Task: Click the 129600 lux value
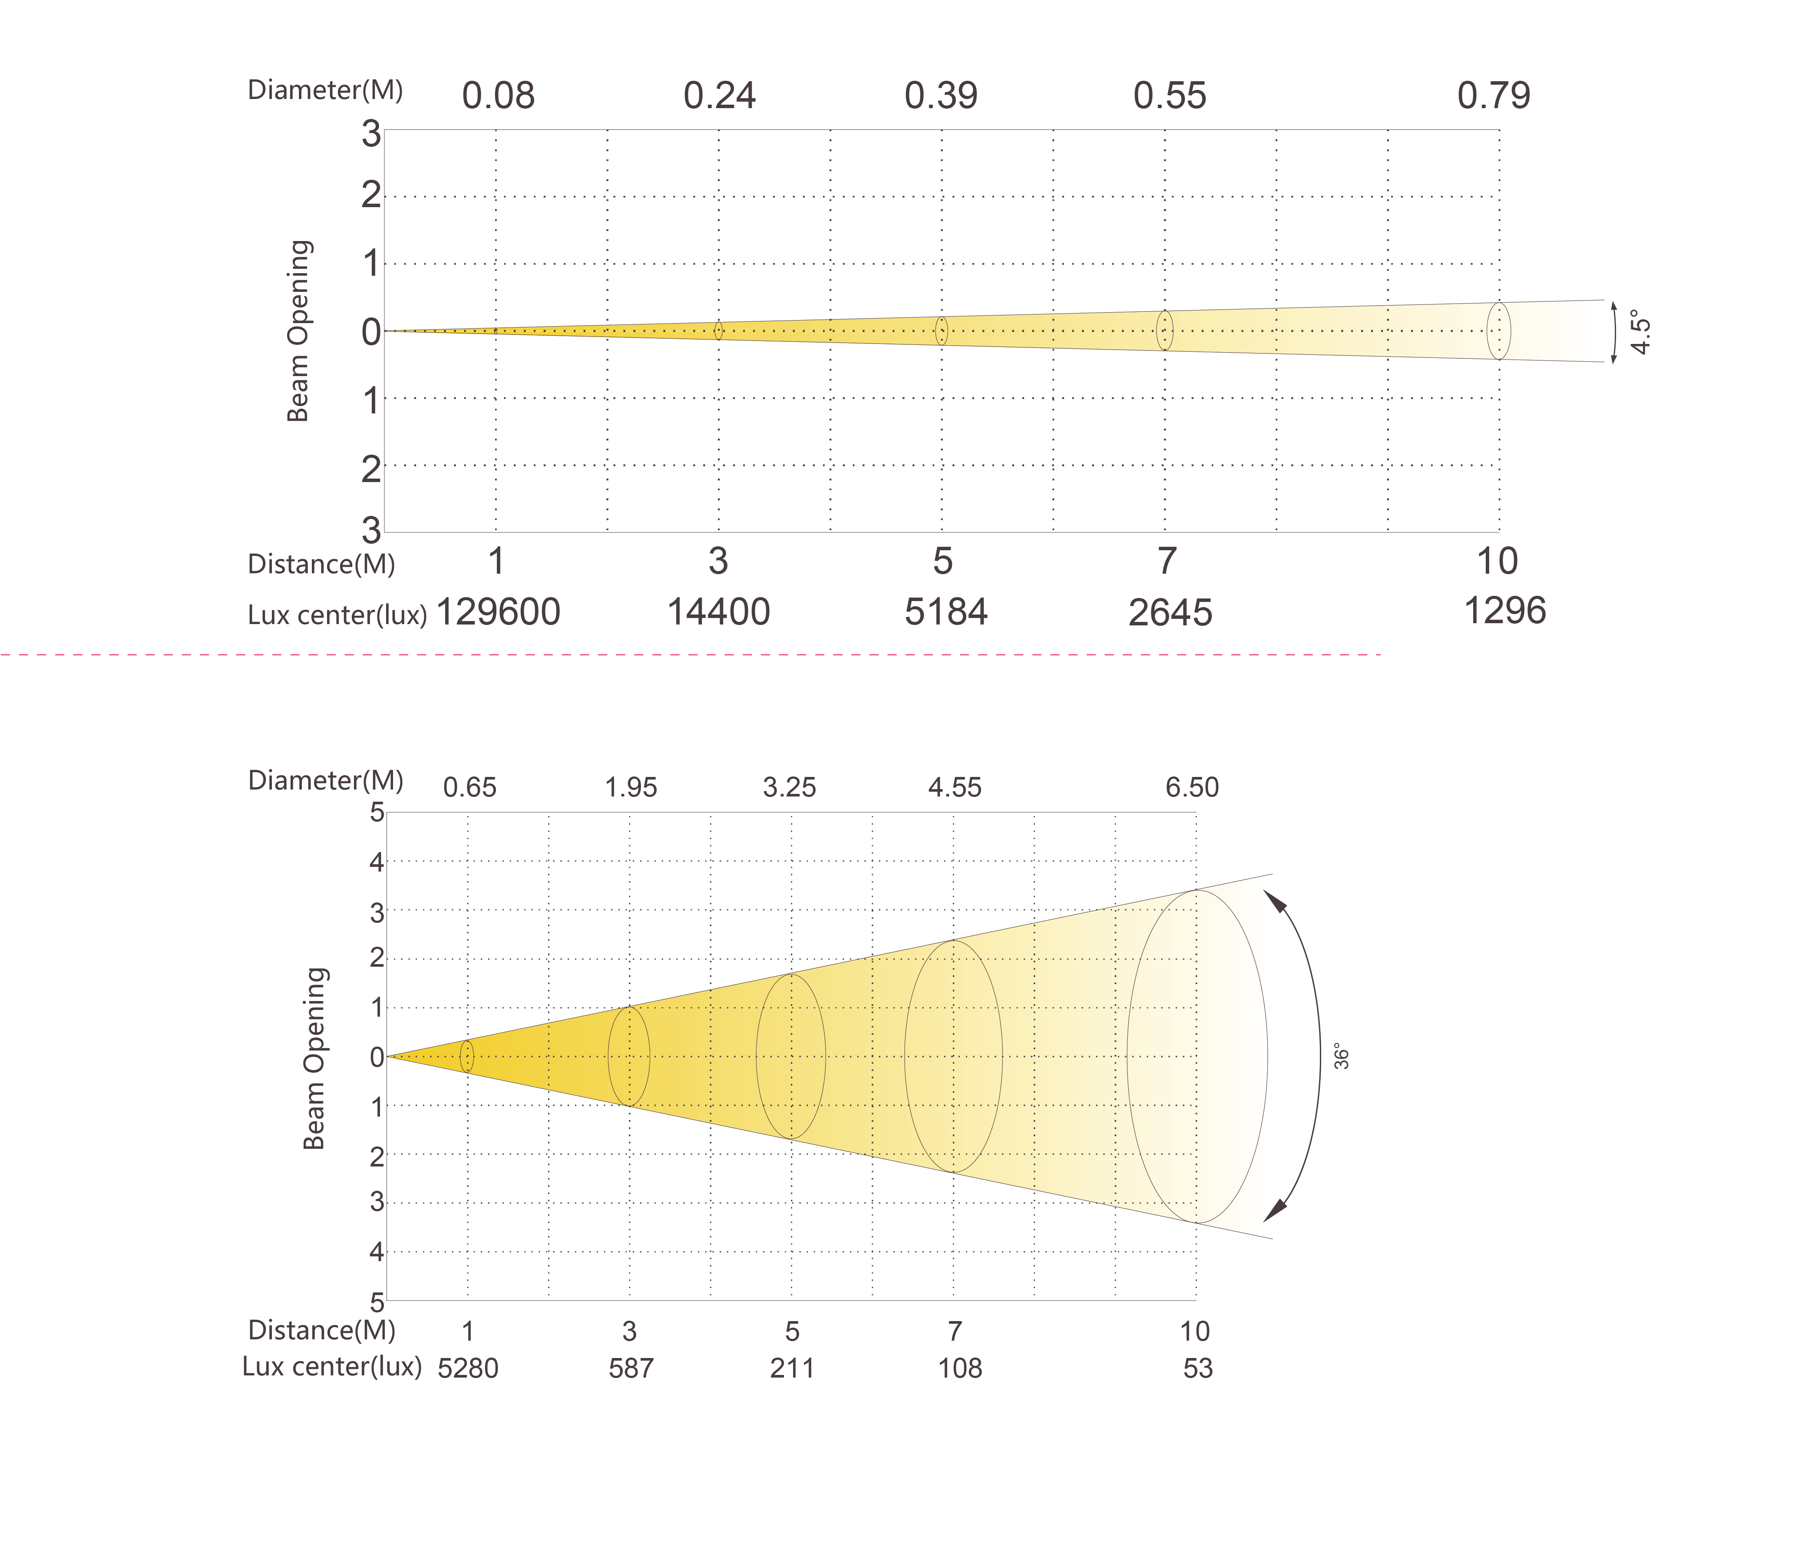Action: [497, 611]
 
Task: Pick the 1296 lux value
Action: [1505, 611]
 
